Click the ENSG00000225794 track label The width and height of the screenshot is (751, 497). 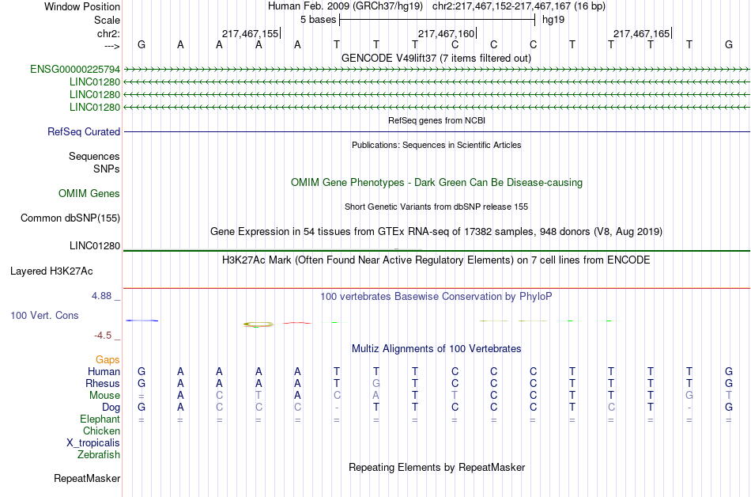coord(75,70)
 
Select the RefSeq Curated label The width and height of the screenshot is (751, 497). coord(84,132)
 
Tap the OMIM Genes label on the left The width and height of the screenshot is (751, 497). coord(89,194)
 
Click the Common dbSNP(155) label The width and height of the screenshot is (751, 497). coord(70,218)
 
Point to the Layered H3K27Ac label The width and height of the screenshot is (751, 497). coord(51,271)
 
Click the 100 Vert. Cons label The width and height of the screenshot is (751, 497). coord(44,316)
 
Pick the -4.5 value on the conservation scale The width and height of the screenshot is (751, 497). coord(106,335)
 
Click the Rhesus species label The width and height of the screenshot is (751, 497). coord(103,384)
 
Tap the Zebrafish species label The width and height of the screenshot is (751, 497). coord(99,455)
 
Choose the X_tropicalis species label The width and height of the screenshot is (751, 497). coord(93,443)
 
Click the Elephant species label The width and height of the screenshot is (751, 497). coord(100,419)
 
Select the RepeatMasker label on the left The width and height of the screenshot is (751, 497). coord(87,479)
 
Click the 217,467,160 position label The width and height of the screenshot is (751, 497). coord(446,34)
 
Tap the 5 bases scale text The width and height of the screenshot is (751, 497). coord(318,19)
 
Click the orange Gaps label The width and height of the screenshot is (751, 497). coord(108,360)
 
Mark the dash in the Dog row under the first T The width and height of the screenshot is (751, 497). coord(338,408)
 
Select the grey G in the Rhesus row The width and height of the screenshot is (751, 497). coord(377,384)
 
